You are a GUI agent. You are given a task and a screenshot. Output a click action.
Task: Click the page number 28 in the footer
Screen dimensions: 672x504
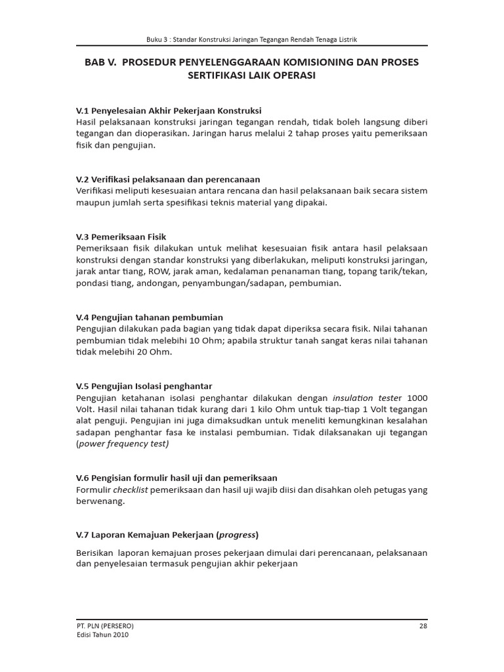coord(423,625)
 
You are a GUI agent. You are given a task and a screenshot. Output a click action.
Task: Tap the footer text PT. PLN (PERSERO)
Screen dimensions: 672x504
coord(106,625)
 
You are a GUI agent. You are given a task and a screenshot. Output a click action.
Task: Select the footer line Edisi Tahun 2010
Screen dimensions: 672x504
coord(102,635)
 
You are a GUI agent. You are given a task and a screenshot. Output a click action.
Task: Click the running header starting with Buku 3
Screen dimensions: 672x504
coord(252,39)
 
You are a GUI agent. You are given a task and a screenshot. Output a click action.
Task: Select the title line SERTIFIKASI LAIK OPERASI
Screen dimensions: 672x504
coord(252,75)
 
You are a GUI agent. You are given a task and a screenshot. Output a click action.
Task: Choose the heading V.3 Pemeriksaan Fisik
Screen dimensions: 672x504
coord(125,236)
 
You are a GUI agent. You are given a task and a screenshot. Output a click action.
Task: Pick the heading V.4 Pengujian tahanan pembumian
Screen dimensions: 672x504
coord(150,317)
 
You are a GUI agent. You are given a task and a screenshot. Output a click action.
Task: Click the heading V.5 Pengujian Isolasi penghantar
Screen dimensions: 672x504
coord(144,386)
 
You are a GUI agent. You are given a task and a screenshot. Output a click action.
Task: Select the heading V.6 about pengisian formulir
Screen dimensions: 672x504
coord(177,478)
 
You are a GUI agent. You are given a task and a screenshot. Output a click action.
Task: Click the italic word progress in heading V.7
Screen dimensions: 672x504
coord(238,535)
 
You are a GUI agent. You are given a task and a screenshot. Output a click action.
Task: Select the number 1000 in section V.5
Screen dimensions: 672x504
coord(417,398)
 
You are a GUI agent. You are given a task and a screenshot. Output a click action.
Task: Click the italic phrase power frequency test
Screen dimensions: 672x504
coord(123,444)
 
